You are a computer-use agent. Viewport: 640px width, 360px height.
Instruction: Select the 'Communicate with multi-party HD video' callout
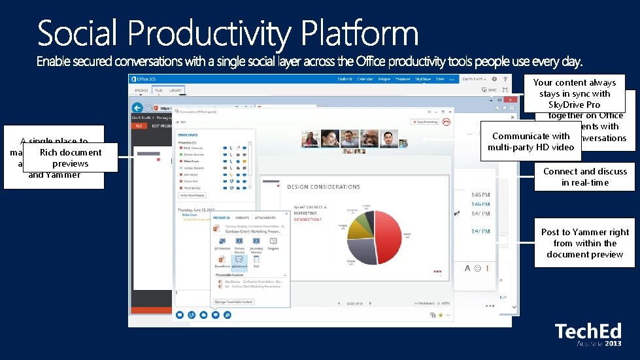pyautogui.click(x=531, y=141)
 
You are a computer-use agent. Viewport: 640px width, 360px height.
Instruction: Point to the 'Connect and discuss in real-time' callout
pyautogui.click(x=584, y=177)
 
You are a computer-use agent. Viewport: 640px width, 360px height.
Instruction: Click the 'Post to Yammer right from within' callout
pyautogui.click(x=584, y=243)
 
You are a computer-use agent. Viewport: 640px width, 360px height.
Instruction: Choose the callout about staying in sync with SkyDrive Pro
pyautogui.click(x=574, y=93)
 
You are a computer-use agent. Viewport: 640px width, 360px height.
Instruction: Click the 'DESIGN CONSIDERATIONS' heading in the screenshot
pyautogui.click(x=323, y=187)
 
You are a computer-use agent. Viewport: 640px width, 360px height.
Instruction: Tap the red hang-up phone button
pyautogui.click(x=446, y=122)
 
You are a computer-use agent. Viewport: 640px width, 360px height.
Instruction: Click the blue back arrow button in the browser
pyautogui.click(x=137, y=108)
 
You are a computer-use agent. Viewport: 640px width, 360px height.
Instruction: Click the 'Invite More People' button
pyautogui.click(x=192, y=195)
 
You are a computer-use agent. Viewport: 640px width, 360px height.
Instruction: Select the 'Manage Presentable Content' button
pyautogui.click(x=233, y=302)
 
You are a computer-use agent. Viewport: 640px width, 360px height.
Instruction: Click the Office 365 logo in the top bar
pyautogui.click(x=144, y=79)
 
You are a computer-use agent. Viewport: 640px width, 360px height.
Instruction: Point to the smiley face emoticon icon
pyautogui.click(x=479, y=269)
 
